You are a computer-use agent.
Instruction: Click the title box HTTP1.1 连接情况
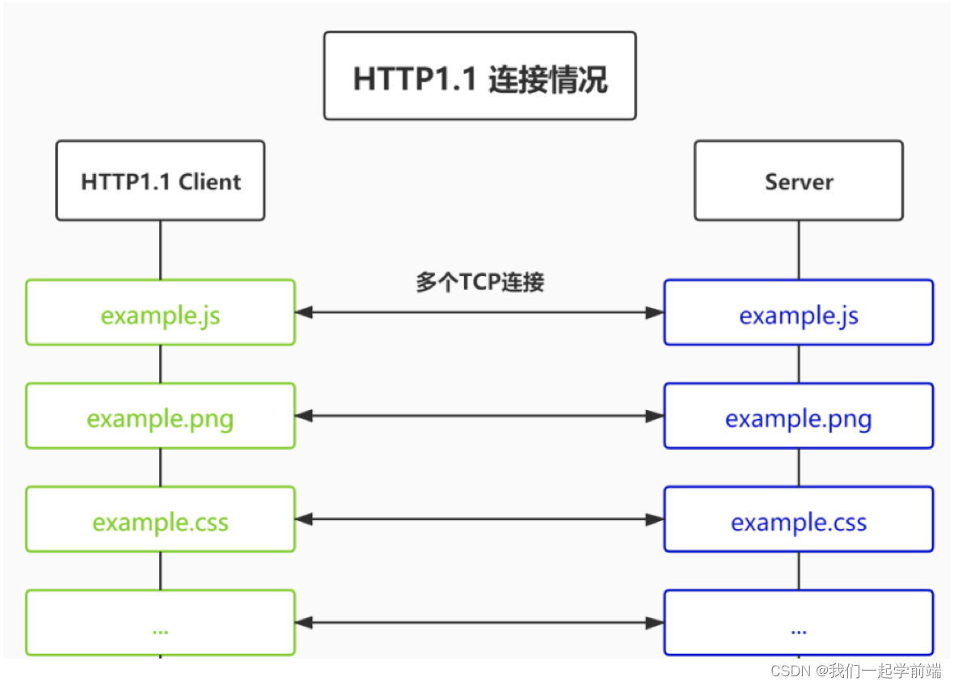[x=479, y=76]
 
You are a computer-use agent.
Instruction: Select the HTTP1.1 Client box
[x=160, y=180]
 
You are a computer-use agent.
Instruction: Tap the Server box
[x=798, y=180]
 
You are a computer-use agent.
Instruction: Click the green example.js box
[x=160, y=313]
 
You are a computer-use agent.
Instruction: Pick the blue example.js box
[x=798, y=313]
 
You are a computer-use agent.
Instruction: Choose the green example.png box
[x=160, y=416]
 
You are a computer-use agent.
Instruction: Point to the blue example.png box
[x=798, y=416]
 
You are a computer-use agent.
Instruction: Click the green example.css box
[x=160, y=519]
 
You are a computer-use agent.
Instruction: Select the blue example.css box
[x=798, y=519]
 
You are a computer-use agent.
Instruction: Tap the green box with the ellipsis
[x=160, y=623]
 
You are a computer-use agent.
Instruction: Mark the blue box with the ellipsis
[x=798, y=623]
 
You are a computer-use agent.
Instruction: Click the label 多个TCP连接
[x=479, y=282]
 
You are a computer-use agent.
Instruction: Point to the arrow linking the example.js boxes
[x=479, y=313]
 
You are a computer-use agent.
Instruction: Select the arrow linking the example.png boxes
[x=479, y=416]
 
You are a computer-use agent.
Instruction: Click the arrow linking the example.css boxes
[x=479, y=519]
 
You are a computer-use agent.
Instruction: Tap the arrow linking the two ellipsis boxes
[x=479, y=623]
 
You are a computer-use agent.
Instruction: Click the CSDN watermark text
[x=855, y=671]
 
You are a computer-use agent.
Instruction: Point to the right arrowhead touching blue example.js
[x=655, y=313]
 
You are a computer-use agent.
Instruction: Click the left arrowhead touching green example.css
[x=305, y=519]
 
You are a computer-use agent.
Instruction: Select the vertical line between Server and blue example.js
[x=799, y=250]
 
